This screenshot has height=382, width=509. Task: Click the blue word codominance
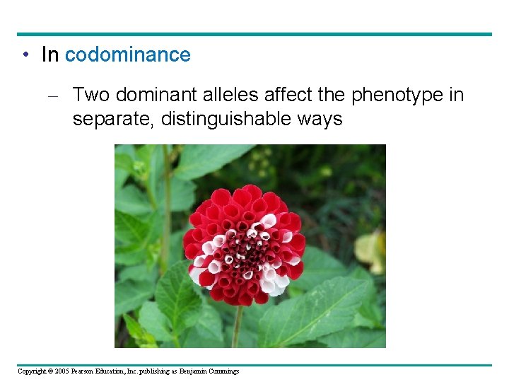[x=127, y=55]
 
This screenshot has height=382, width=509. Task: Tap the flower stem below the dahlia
[x=238, y=325]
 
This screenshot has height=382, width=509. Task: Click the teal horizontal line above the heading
[x=255, y=34]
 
